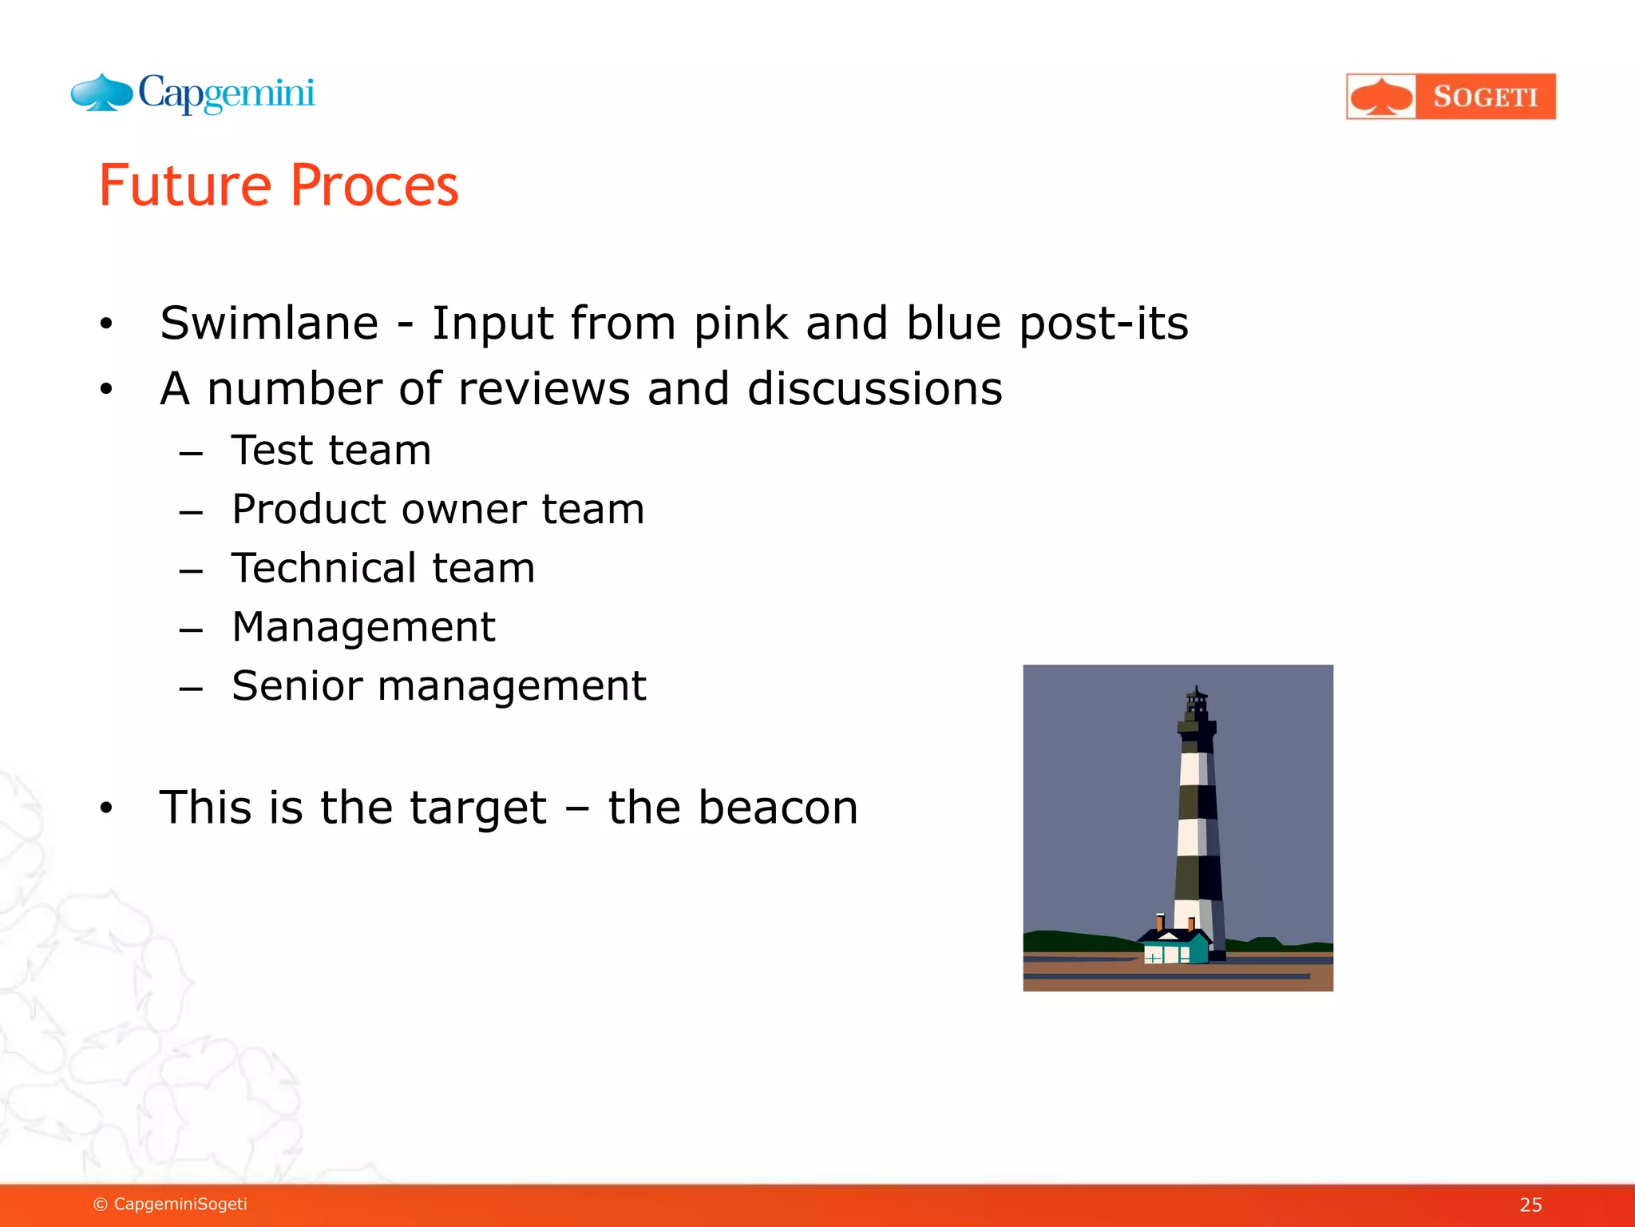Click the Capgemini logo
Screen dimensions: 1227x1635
tap(193, 94)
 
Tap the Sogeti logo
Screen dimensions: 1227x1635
tap(1451, 97)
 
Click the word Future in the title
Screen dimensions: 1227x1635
tap(185, 186)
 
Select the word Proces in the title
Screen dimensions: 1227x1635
tap(374, 186)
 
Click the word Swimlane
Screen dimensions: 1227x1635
tap(269, 324)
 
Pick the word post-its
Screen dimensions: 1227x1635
tap(1103, 324)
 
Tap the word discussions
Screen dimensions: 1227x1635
tap(874, 389)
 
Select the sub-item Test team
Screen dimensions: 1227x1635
tap(331, 451)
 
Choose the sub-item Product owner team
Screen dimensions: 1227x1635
tap(437, 510)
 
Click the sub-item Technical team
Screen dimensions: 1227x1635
tap(383, 569)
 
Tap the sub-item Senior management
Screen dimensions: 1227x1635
tap(438, 686)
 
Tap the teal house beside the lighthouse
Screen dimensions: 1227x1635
tap(1174, 947)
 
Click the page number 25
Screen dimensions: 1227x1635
tap(1530, 1205)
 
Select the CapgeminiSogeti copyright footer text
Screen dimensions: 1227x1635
tap(170, 1204)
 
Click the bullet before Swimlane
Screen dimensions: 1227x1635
tap(106, 324)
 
